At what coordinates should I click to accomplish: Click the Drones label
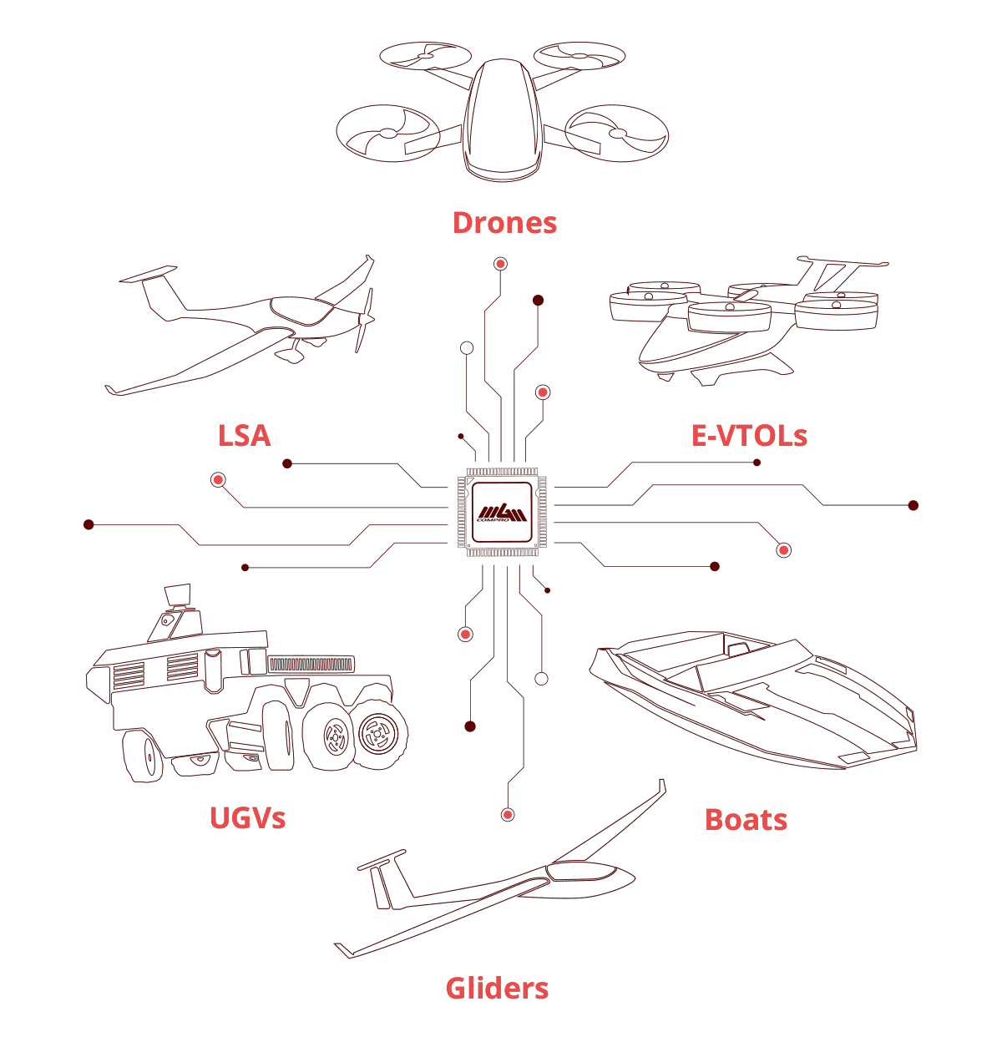click(504, 223)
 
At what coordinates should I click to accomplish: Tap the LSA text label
click(245, 435)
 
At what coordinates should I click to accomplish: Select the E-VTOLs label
click(749, 435)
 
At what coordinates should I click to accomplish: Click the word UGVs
click(247, 817)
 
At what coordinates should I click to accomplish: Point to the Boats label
click(746, 819)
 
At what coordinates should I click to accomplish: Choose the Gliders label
click(497, 989)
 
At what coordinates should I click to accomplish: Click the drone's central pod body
click(501, 121)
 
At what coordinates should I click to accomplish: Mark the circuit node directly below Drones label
click(500, 264)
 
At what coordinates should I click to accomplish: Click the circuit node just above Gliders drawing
click(507, 814)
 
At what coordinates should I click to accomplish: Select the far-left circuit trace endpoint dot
click(89, 524)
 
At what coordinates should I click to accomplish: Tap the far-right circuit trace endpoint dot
click(913, 505)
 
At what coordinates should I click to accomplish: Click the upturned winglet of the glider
click(661, 789)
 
